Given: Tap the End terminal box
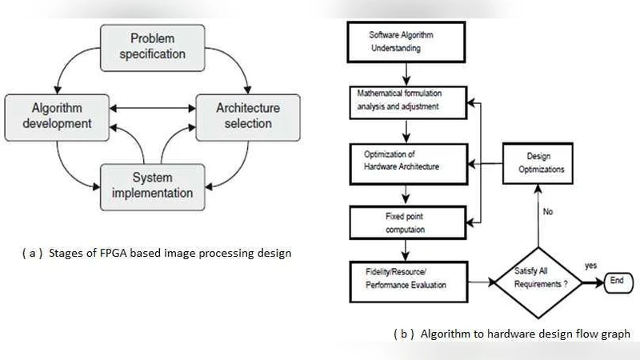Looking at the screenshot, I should [x=617, y=281].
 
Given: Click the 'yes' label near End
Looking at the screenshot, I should [x=591, y=265].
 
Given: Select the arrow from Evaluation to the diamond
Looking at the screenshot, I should [x=480, y=281].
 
